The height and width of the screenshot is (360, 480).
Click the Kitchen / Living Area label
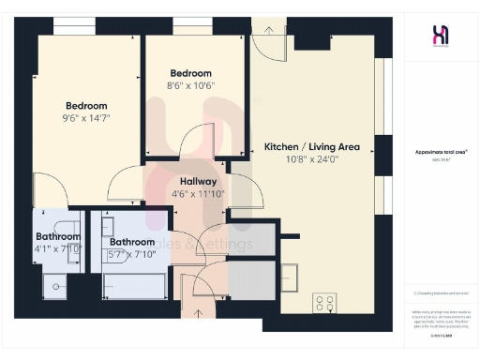(x=312, y=147)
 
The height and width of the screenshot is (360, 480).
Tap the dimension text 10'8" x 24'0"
(x=312, y=159)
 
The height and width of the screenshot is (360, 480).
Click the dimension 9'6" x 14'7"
(x=86, y=119)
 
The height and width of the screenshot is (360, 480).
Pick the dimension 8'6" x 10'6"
(x=190, y=86)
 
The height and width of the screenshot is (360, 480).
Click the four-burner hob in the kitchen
(x=324, y=303)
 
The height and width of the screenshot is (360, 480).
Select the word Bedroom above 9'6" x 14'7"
(x=86, y=105)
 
